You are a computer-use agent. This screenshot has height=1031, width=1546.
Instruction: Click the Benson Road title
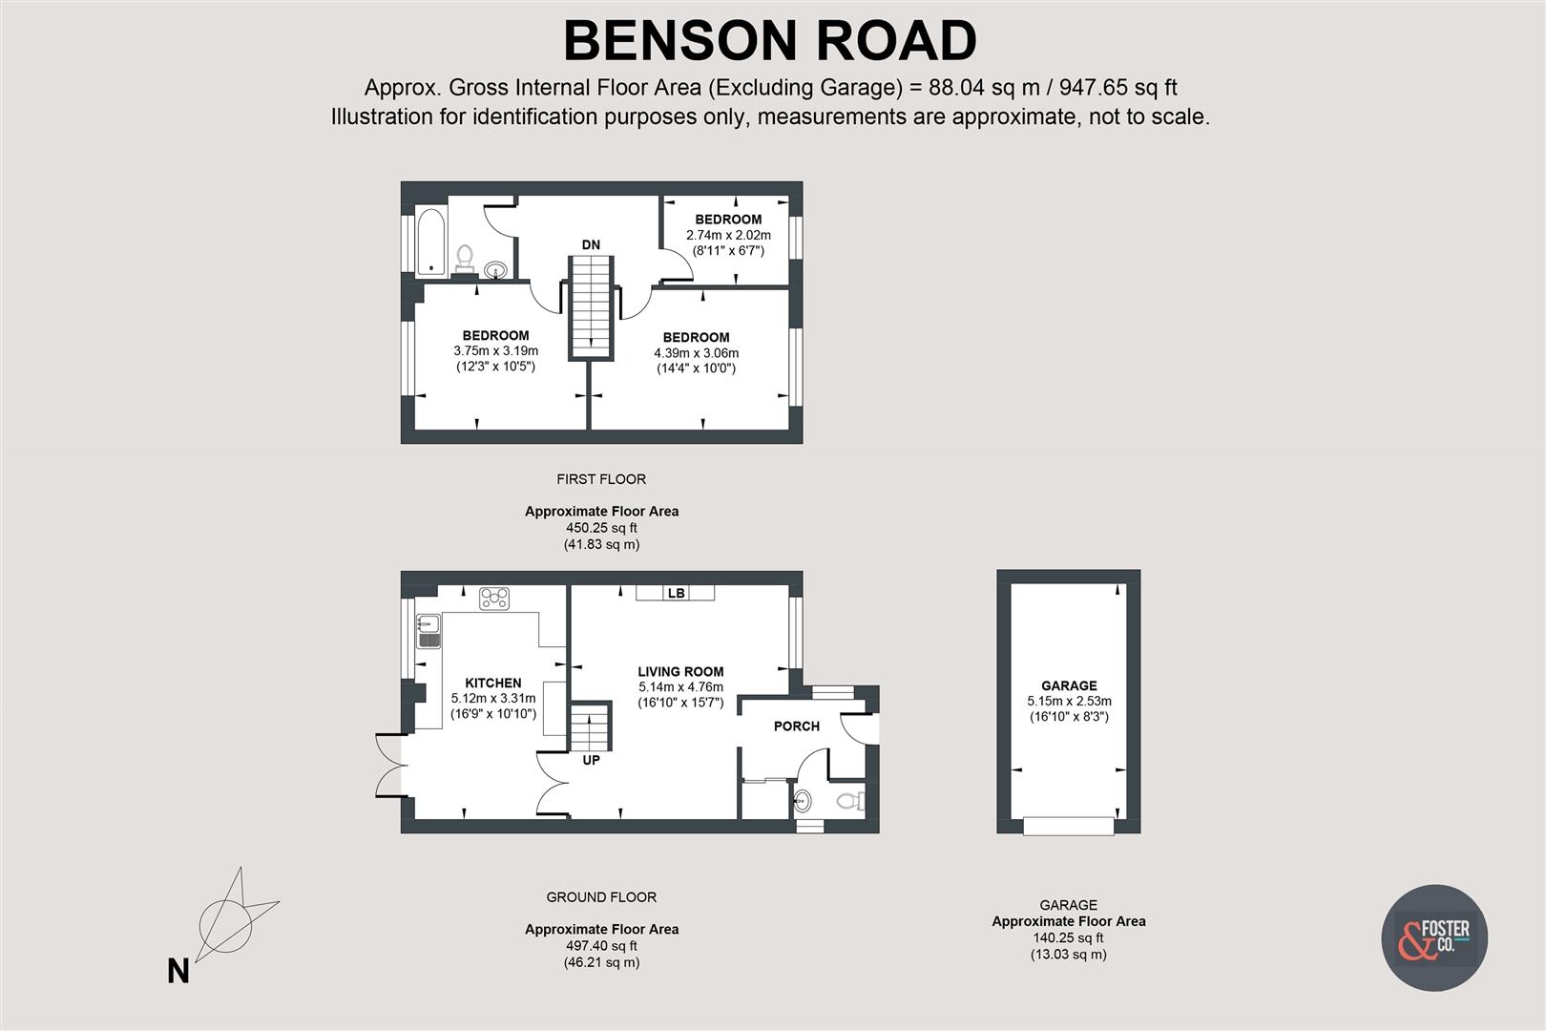click(770, 41)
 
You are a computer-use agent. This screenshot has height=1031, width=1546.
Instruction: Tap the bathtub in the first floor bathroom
click(431, 241)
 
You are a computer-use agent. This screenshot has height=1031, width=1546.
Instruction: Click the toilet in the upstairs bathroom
click(465, 256)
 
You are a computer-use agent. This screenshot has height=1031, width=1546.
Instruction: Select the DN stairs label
click(591, 244)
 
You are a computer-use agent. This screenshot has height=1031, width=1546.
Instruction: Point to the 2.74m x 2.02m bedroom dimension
click(728, 235)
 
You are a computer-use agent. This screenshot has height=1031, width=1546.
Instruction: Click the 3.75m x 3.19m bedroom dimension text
click(495, 351)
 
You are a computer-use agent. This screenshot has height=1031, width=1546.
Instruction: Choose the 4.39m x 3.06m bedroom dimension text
click(696, 353)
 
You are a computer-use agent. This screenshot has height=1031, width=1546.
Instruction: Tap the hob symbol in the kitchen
click(494, 599)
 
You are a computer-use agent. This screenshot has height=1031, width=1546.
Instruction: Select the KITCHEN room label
click(493, 683)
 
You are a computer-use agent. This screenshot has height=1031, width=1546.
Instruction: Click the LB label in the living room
click(676, 593)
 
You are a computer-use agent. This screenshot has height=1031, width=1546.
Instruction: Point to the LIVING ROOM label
click(680, 671)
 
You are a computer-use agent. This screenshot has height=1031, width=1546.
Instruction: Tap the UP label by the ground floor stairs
click(591, 760)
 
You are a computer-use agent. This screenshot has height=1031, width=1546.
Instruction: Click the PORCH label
click(796, 726)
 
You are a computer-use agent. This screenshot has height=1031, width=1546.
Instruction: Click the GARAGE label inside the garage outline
click(1069, 685)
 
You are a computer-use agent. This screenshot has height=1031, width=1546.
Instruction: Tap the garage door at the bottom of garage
click(1069, 826)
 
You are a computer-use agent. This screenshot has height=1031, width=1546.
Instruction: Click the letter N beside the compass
click(178, 972)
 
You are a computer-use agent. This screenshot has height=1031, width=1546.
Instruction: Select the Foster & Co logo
click(1434, 937)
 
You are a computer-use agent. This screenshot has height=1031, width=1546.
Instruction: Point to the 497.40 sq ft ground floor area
click(601, 946)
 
